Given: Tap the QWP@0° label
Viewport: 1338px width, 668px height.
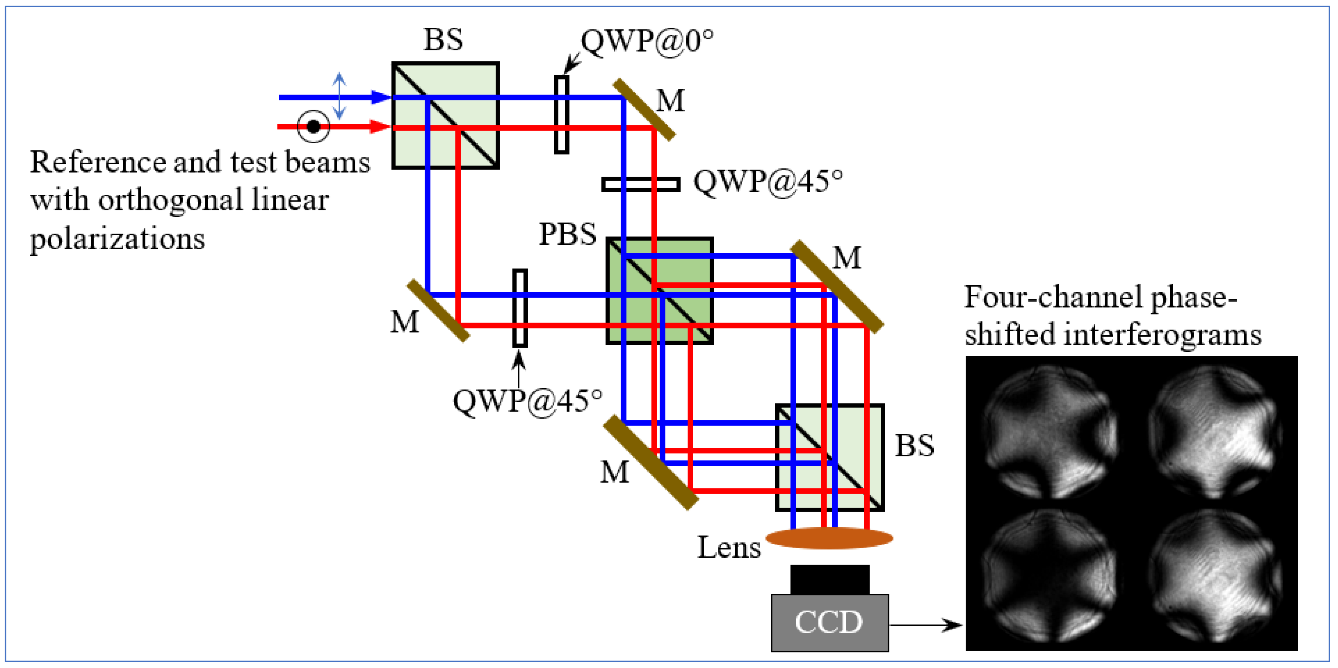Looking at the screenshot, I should click(x=647, y=41).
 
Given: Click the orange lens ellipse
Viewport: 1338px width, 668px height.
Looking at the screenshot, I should click(x=829, y=538).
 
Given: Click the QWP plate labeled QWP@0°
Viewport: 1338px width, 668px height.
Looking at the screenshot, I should click(x=561, y=115).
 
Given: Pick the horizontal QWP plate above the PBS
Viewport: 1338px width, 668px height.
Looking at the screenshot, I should click(x=641, y=184).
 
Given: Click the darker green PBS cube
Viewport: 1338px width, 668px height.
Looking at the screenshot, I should click(x=660, y=291).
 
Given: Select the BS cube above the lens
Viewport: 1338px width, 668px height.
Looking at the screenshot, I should click(x=829, y=458).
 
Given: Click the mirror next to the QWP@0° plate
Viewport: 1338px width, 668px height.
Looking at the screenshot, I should click(x=644, y=110).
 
